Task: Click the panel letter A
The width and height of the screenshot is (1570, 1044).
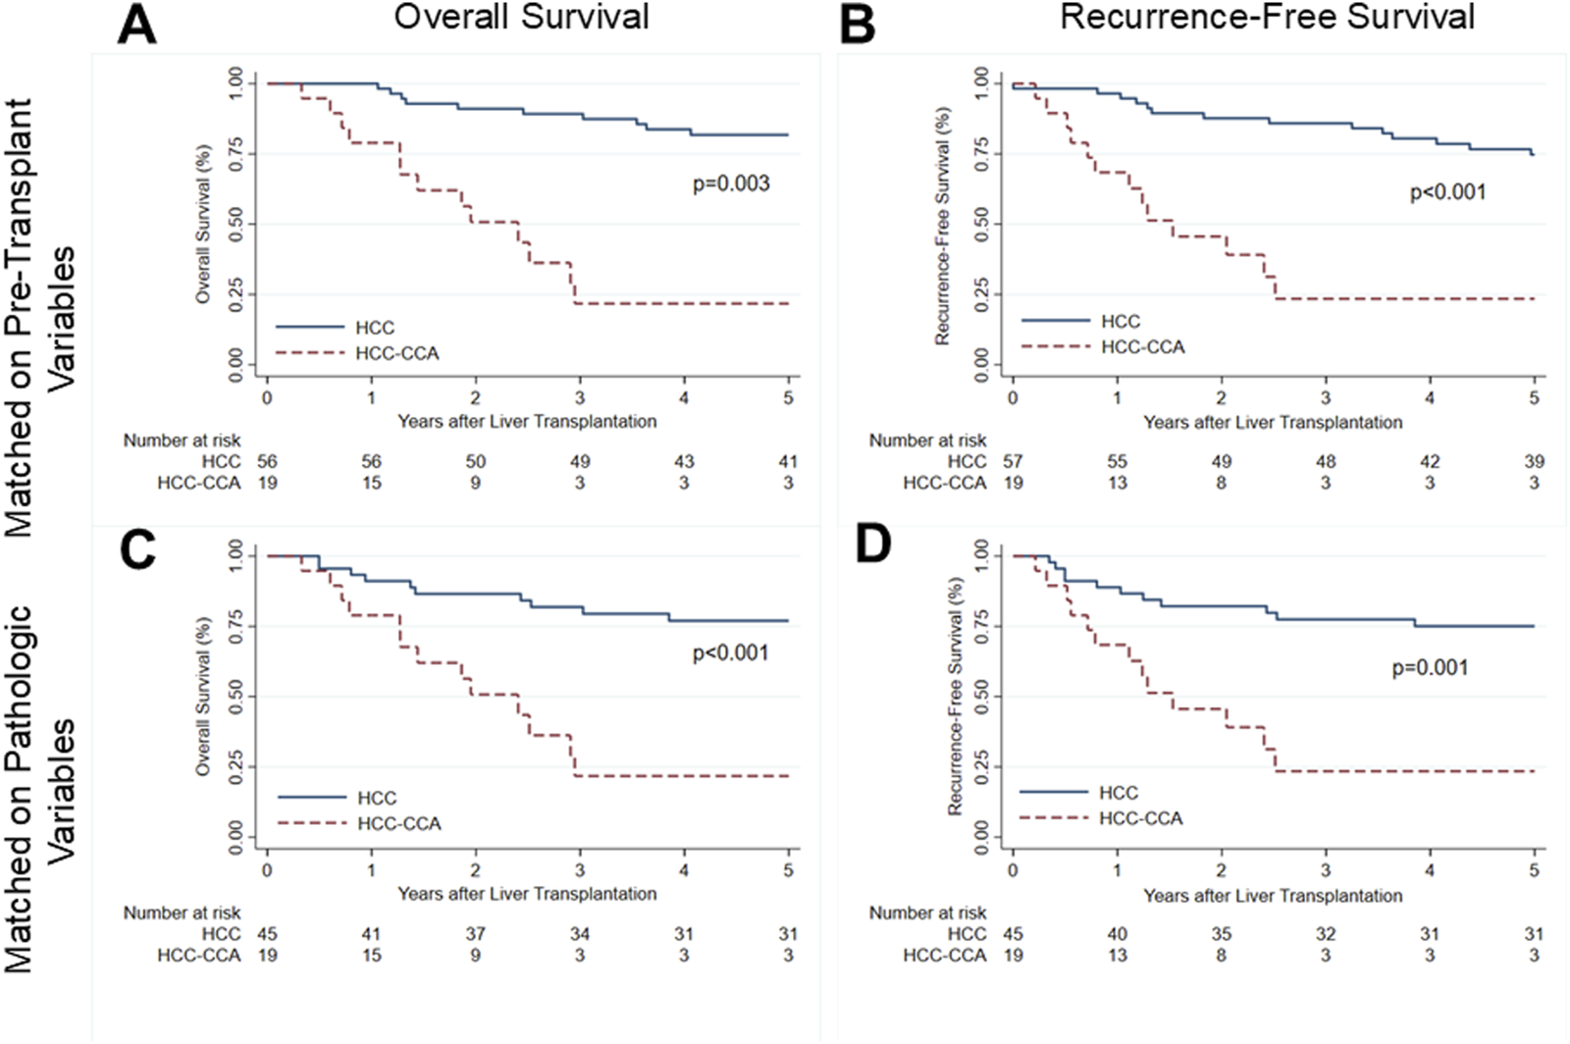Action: (136, 24)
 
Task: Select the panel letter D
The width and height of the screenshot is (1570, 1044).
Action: (872, 546)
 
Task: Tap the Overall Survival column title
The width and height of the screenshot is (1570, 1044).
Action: (521, 17)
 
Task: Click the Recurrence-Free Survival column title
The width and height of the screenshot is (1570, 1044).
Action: (1267, 17)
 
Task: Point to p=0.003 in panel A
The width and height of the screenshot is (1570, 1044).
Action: (731, 183)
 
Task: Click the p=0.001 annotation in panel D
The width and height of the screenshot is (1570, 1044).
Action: (1430, 668)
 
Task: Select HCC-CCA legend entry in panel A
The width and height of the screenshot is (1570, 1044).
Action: (396, 353)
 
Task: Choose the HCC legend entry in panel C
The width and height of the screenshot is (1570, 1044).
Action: (377, 799)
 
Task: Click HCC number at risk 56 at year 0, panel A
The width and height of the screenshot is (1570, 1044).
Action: (267, 461)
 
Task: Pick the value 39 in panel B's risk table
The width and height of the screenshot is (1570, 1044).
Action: (1534, 461)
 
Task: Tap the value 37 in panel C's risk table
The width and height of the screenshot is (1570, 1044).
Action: (475, 934)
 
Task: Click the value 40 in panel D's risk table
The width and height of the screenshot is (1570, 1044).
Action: (1117, 934)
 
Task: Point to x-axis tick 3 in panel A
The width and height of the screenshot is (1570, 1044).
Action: (580, 397)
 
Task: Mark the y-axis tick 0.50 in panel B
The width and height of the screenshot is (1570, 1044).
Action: (982, 224)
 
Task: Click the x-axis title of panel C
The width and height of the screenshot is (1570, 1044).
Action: (527, 894)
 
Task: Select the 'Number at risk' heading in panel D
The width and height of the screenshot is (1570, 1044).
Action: (927, 913)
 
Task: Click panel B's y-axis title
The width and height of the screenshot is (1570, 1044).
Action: (943, 226)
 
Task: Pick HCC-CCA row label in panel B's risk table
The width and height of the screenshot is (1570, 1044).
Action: (944, 483)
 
